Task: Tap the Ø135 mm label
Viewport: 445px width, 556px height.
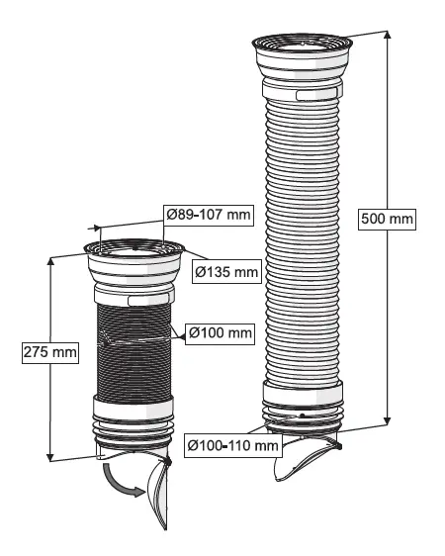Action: point(222,269)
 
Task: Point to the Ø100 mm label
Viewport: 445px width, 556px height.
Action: point(219,332)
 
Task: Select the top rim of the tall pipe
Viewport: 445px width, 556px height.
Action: point(303,43)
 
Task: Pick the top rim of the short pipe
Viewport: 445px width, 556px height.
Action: point(131,247)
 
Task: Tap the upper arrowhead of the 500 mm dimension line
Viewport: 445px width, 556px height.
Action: point(387,37)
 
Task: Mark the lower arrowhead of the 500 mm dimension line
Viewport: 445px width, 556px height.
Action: point(387,421)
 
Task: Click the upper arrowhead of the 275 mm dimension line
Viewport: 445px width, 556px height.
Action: point(49,260)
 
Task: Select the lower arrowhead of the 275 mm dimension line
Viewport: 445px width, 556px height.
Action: point(49,456)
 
